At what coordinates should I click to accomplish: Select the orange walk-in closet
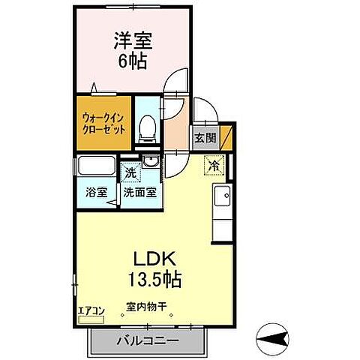[104, 119]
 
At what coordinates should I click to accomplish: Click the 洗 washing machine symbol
[130, 172]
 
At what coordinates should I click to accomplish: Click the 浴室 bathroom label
[94, 191]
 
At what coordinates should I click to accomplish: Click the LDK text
[156, 259]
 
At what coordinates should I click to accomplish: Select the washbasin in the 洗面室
[150, 162]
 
